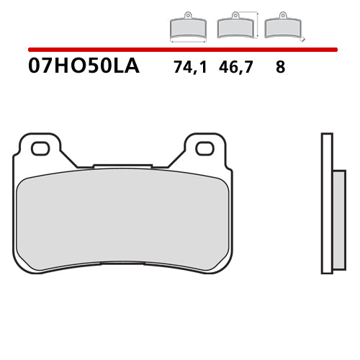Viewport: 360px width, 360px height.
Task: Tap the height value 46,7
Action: pyautogui.click(x=235, y=68)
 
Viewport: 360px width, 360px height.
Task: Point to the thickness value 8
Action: pyautogui.click(x=279, y=68)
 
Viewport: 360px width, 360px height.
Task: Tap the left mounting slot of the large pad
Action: pyautogui.click(x=40, y=149)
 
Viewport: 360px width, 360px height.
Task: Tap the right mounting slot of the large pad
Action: pyautogui.click(x=205, y=149)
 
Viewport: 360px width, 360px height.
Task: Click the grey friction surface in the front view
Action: pyautogui.click(x=122, y=220)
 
